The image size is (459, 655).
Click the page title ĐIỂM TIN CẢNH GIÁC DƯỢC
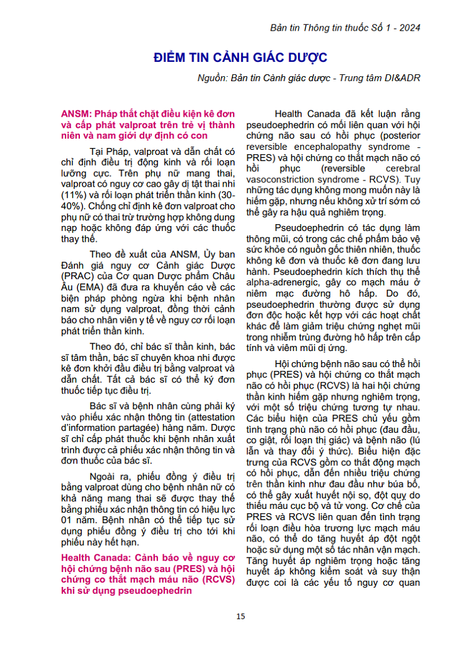240,58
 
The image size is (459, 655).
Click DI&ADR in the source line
402,77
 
